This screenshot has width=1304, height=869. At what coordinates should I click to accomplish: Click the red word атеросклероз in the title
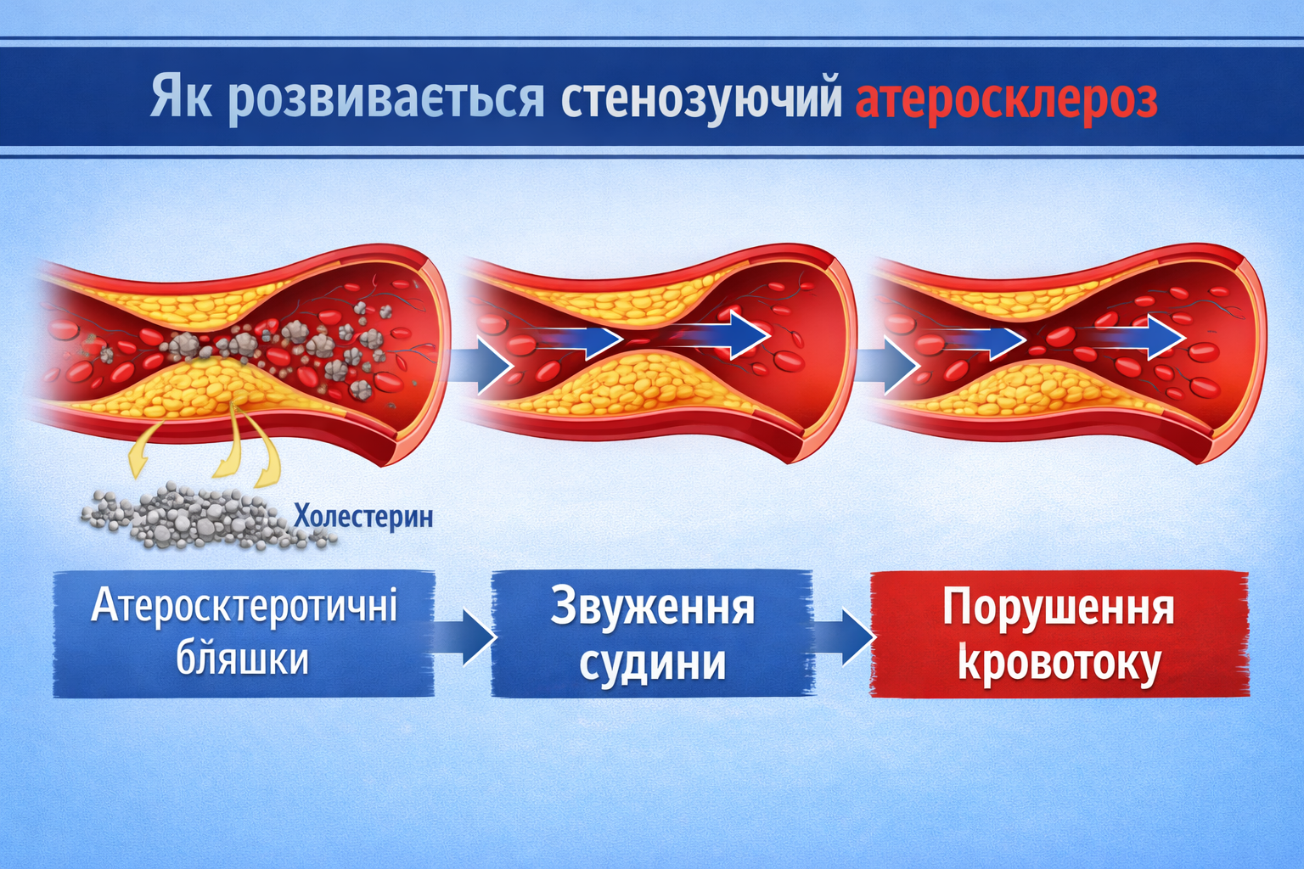1006,99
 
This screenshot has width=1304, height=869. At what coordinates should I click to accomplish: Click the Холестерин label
363,515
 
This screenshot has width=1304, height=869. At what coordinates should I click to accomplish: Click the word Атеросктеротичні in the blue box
244,605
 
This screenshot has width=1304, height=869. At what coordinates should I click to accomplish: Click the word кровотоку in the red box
1059,664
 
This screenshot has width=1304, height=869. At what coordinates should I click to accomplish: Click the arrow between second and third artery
887,366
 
